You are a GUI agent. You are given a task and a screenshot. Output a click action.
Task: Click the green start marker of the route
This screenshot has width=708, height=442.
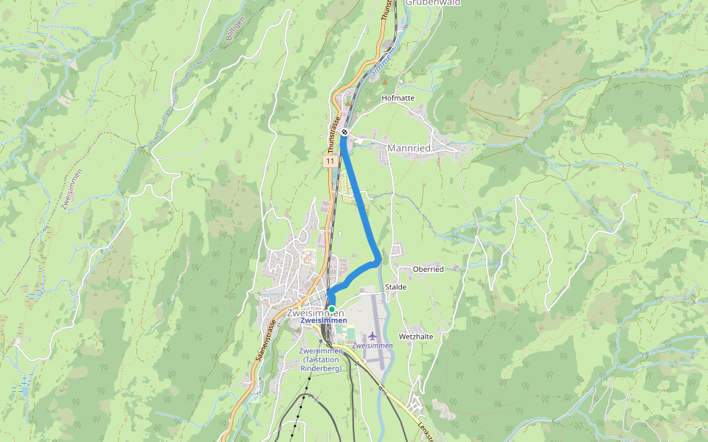point(332,309)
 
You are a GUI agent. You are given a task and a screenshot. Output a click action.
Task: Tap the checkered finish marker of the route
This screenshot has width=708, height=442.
point(344,133)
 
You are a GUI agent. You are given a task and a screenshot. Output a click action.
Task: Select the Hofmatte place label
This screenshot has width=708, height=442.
point(398,98)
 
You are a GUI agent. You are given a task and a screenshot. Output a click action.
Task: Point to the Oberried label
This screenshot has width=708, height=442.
point(428,270)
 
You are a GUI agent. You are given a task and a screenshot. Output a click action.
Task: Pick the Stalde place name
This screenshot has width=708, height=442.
point(396,287)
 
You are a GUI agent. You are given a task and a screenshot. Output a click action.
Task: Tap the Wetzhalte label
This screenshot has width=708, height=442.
point(415,337)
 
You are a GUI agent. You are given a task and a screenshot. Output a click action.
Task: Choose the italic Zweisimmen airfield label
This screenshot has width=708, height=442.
point(372,345)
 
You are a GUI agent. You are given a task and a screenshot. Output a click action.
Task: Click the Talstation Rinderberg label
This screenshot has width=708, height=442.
point(321,359)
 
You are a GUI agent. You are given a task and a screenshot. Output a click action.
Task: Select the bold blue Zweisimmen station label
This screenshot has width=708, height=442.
point(323,321)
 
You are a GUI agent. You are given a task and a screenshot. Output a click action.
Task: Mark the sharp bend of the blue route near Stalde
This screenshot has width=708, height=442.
point(378,259)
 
